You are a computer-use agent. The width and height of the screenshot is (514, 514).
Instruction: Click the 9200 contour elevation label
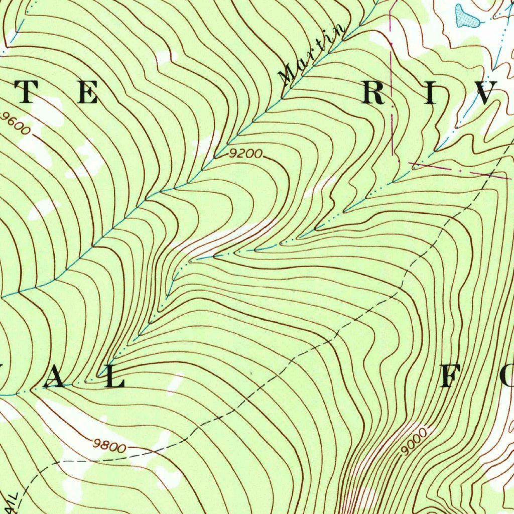245,154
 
